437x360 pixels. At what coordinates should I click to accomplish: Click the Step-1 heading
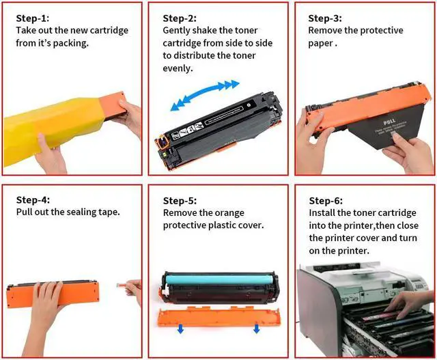33,18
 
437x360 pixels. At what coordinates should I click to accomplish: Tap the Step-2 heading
180,18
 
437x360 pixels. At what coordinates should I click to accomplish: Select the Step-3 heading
325,18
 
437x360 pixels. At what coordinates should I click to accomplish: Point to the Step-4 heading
33,200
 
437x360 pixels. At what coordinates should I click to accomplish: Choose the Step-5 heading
180,201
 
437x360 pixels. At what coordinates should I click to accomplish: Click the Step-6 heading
326,201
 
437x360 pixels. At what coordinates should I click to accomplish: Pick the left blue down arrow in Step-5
180,329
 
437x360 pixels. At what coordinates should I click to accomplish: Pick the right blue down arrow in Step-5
257,328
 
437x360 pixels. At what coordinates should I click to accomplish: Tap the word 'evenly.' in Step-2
178,68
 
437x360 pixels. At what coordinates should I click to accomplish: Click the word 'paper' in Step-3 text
320,44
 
